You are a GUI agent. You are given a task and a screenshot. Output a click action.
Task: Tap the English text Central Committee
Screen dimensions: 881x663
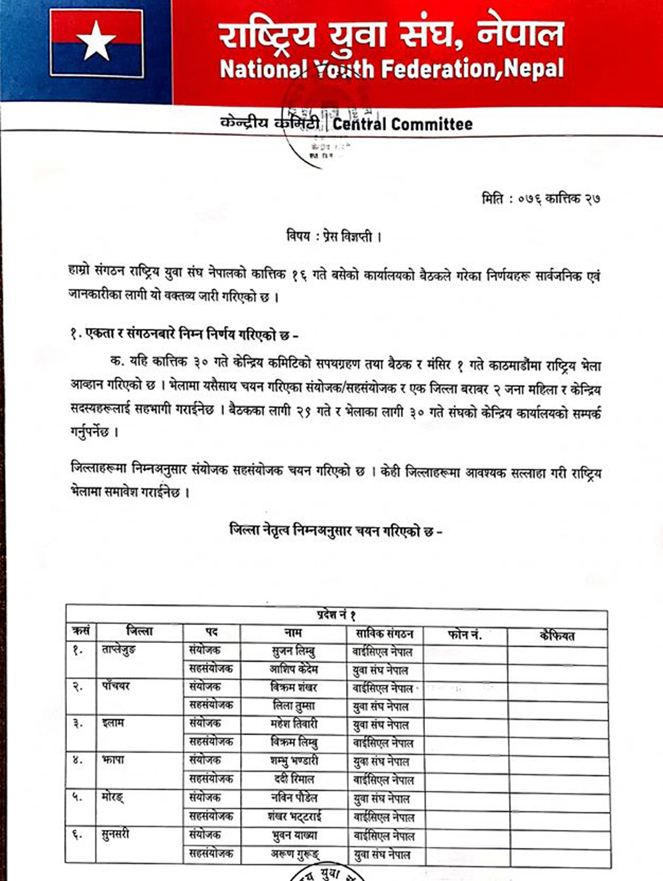(x=402, y=124)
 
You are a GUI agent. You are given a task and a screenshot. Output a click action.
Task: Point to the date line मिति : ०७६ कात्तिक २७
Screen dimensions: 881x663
(x=540, y=198)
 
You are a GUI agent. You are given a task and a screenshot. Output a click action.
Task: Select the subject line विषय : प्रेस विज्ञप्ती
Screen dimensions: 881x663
(x=334, y=236)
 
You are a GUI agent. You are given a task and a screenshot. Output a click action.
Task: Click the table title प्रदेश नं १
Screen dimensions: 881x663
(x=337, y=616)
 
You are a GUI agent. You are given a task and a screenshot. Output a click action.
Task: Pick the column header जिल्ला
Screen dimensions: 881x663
(x=139, y=632)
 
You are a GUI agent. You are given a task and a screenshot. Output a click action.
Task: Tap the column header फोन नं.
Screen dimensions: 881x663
(x=465, y=634)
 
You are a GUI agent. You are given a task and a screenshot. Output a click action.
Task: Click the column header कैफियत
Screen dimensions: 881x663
(x=557, y=636)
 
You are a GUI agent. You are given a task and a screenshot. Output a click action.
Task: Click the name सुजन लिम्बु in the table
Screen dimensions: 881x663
(x=294, y=651)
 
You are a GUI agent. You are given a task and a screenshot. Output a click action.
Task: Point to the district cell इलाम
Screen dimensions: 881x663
(x=113, y=723)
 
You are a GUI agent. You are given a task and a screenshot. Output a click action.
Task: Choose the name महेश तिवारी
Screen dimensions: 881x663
(x=294, y=724)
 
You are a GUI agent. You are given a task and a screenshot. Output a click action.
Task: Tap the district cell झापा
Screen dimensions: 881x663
(x=114, y=760)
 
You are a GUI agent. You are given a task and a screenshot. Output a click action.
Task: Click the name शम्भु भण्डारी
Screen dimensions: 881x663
(x=294, y=761)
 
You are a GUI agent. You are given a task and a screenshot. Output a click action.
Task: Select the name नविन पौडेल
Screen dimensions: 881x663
(x=294, y=798)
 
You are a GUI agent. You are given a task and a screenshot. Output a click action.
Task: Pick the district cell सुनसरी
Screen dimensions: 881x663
(x=115, y=834)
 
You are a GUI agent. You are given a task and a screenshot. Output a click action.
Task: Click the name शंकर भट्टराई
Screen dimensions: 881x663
(x=295, y=817)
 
